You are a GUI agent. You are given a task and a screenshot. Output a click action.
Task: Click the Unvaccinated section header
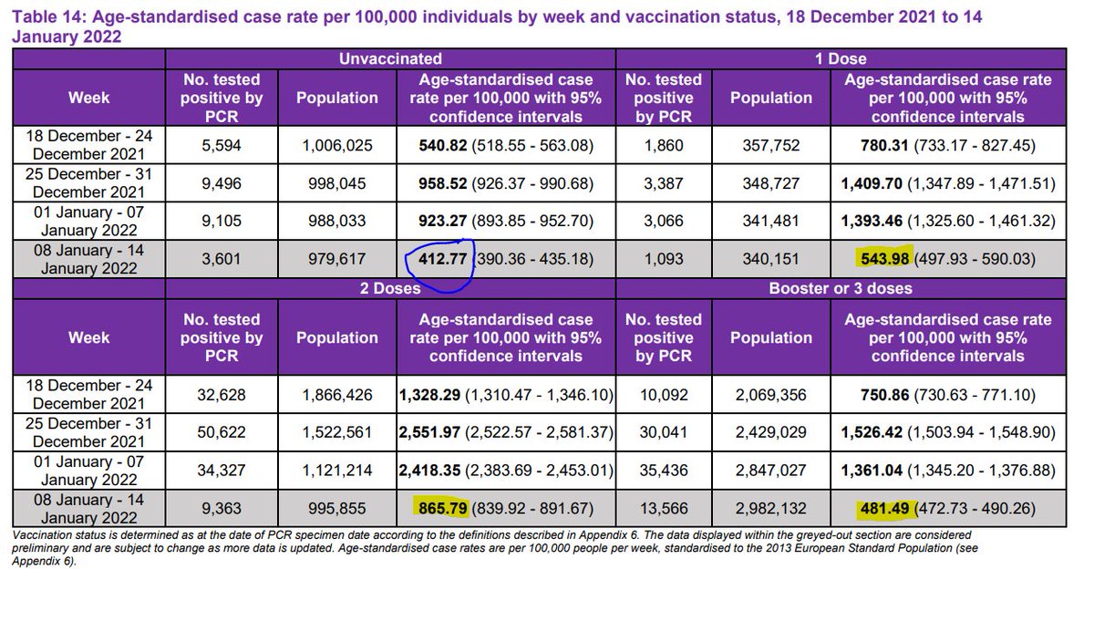click(392, 58)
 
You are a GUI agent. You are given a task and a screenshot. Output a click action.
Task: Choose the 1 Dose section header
click(841, 58)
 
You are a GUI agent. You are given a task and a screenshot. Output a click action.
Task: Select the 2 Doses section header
click(392, 288)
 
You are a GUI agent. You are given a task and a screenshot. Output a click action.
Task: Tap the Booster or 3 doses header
click(841, 288)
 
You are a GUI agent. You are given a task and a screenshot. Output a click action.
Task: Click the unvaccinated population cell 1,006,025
click(336, 145)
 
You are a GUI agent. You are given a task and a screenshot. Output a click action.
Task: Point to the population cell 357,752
click(771, 145)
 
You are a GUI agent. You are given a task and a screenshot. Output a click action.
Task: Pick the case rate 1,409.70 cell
click(948, 183)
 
